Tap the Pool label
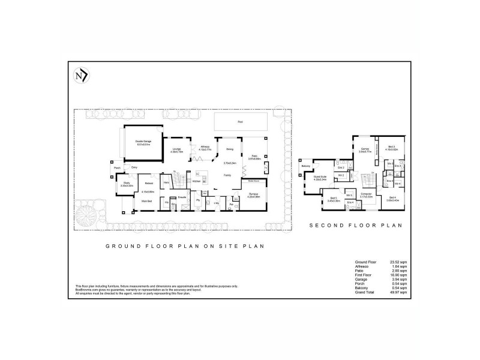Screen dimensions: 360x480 coord(240,122)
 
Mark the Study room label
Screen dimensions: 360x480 coord(127,183)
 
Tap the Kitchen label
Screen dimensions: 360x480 coord(196,181)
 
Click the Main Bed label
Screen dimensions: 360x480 coord(146,201)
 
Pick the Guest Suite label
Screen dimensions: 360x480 coord(319,177)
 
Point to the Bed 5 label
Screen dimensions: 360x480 coord(334,197)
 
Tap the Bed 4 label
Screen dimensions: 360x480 coord(392,197)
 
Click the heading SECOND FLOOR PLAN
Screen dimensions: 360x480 coord(355,226)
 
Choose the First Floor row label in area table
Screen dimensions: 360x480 coord(364,275)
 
